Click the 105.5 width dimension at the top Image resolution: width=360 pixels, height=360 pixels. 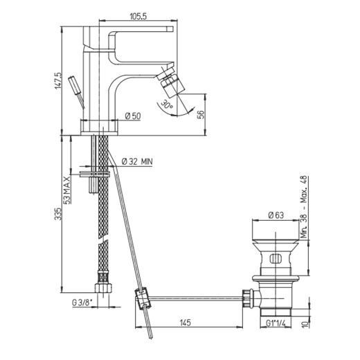tap(138, 16)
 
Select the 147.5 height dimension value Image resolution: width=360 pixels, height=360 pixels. tap(58, 80)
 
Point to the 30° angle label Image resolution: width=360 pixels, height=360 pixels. tap(167, 105)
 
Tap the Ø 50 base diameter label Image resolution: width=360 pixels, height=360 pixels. tap(133, 116)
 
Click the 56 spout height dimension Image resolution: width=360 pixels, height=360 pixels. tap(201, 114)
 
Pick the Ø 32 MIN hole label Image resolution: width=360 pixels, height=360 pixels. tap(137, 161)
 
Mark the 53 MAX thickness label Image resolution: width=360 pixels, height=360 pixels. tap(67, 190)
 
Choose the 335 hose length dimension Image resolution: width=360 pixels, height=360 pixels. tap(58, 214)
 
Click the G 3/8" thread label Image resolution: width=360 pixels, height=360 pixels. tap(82, 303)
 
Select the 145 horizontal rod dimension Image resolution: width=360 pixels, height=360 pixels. tap(185, 323)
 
